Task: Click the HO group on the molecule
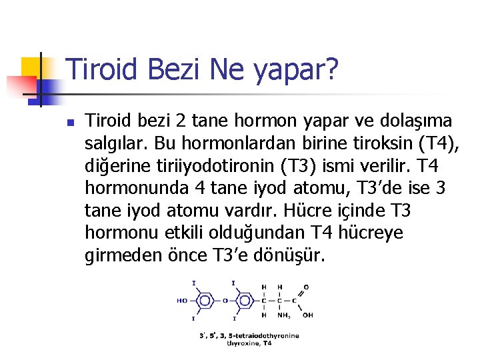182,301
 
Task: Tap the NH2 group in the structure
283,316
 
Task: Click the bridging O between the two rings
225,301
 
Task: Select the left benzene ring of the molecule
203,301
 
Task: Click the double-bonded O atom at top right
306,287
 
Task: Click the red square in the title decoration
19,85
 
